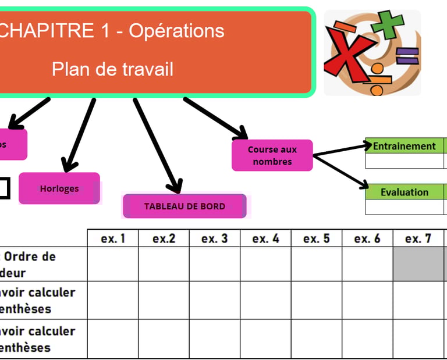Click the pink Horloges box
coord(59,188)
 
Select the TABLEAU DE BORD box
coord(185,206)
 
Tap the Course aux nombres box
coord(272,155)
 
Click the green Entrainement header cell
coord(405,146)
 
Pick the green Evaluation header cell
coord(405,192)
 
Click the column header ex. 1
coord(112,238)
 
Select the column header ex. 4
coord(265,238)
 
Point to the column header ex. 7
coord(418,238)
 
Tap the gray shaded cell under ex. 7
coord(418,264)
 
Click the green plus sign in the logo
coord(388,24)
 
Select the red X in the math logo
coord(348,55)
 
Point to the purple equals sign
coord(407,56)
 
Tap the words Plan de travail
coord(112,69)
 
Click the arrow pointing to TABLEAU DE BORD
coord(155,145)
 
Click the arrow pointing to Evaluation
coord(342,171)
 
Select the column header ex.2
coord(164,238)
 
